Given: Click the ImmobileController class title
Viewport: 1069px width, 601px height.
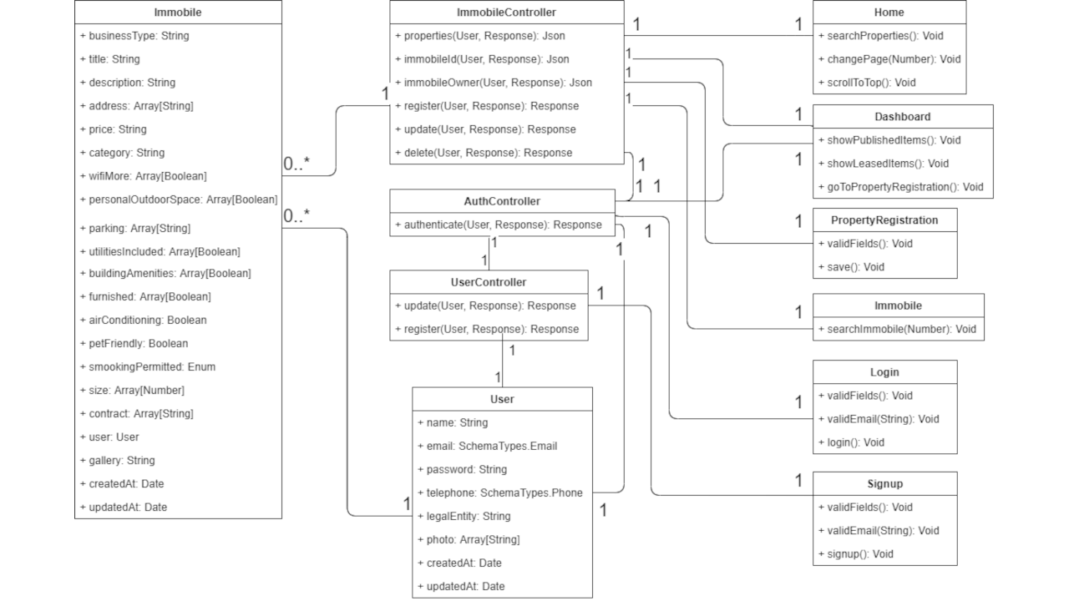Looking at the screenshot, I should pyautogui.click(x=506, y=13).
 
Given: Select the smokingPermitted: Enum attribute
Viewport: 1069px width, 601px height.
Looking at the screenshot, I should pyautogui.click(x=147, y=366).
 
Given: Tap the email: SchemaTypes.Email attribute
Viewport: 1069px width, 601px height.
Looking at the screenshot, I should pyautogui.click(x=486, y=446).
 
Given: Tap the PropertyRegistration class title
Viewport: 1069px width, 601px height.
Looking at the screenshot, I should pyautogui.click(x=884, y=220).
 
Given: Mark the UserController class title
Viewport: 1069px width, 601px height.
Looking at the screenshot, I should pyautogui.click(x=489, y=282).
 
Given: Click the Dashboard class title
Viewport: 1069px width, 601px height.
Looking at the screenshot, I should pyautogui.click(x=902, y=117).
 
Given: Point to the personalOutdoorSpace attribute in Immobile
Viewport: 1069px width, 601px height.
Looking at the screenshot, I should pyautogui.click(x=178, y=199).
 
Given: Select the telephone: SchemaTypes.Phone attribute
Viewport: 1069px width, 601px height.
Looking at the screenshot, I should pyautogui.click(x=499, y=492).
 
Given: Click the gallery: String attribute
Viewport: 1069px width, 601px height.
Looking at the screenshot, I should pyautogui.click(x=117, y=460).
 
